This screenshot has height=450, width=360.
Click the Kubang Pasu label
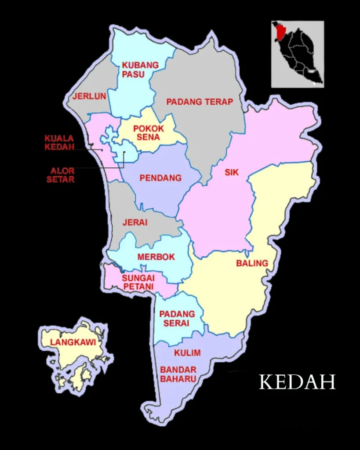(140, 70)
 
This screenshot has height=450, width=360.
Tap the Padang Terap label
(200, 102)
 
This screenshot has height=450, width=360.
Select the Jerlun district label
(90, 96)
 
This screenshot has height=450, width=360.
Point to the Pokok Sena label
(149, 133)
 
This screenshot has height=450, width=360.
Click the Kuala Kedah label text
(59, 143)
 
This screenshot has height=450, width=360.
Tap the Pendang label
(160, 178)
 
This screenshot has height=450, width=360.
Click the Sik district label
(232, 173)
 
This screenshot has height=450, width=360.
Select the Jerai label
(135, 222)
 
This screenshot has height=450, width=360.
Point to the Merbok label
(156, 257)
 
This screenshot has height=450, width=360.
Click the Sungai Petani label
(138, 282)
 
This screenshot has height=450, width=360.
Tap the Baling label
(252, 263)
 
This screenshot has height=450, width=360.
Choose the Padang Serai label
(177, 319)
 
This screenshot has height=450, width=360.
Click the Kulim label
(187, 353)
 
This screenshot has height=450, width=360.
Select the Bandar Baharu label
(178, 374)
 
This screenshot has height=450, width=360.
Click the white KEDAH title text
(297, 382)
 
